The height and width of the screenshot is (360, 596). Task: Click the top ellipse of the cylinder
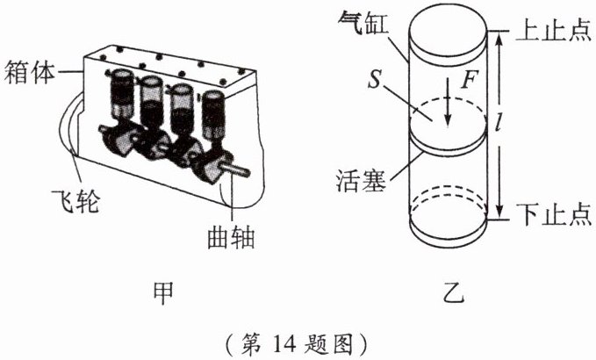pos(448,30)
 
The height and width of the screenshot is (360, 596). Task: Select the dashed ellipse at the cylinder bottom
pos(448,208)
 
